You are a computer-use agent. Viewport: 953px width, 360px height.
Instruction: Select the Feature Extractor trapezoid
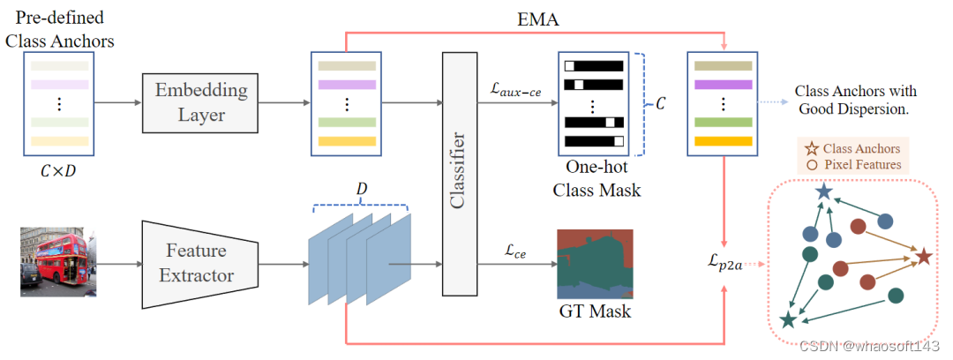(199, 263)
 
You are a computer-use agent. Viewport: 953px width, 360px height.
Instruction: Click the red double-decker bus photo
(57, 262)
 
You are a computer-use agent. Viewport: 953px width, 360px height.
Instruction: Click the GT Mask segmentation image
(595, 264)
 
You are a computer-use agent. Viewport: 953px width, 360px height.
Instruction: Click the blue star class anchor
(823, 191)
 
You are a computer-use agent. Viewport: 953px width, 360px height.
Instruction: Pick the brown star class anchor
(924, 257)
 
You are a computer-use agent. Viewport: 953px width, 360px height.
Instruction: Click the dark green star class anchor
(788, 321)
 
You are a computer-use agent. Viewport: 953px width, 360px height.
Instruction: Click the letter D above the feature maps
(361, 191)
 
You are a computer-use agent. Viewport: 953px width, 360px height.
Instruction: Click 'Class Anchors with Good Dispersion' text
(856, 100)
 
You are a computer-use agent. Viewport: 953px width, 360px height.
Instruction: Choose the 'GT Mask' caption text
(595, 311)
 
